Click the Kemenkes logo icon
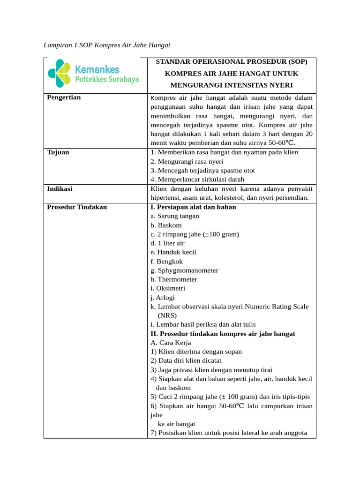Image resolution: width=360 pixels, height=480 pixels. [60, 74]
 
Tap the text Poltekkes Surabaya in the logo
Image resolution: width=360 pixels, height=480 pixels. [107, 80]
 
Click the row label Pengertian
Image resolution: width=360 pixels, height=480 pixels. [64, 97]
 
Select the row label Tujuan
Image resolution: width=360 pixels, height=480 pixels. [58, 152]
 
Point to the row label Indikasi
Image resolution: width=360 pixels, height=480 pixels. [60, 188]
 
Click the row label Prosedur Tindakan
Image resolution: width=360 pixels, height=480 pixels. [77, 207]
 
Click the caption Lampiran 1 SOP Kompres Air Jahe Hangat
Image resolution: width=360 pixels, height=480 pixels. [106, 45]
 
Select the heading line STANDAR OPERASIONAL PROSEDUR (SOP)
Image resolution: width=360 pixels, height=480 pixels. [232, 62]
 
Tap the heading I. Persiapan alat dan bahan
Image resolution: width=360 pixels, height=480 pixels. [193, 207]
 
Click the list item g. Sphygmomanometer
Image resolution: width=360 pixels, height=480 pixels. [184, 270]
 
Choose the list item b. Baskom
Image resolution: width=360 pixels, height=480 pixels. [166, 225]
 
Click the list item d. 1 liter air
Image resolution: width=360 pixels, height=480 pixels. [167, 243]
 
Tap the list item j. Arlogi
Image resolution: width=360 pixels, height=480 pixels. [162, 297]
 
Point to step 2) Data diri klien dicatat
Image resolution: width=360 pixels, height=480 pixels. [186, 360]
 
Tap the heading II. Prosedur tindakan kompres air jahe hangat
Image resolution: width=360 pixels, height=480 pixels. [223, 334]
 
